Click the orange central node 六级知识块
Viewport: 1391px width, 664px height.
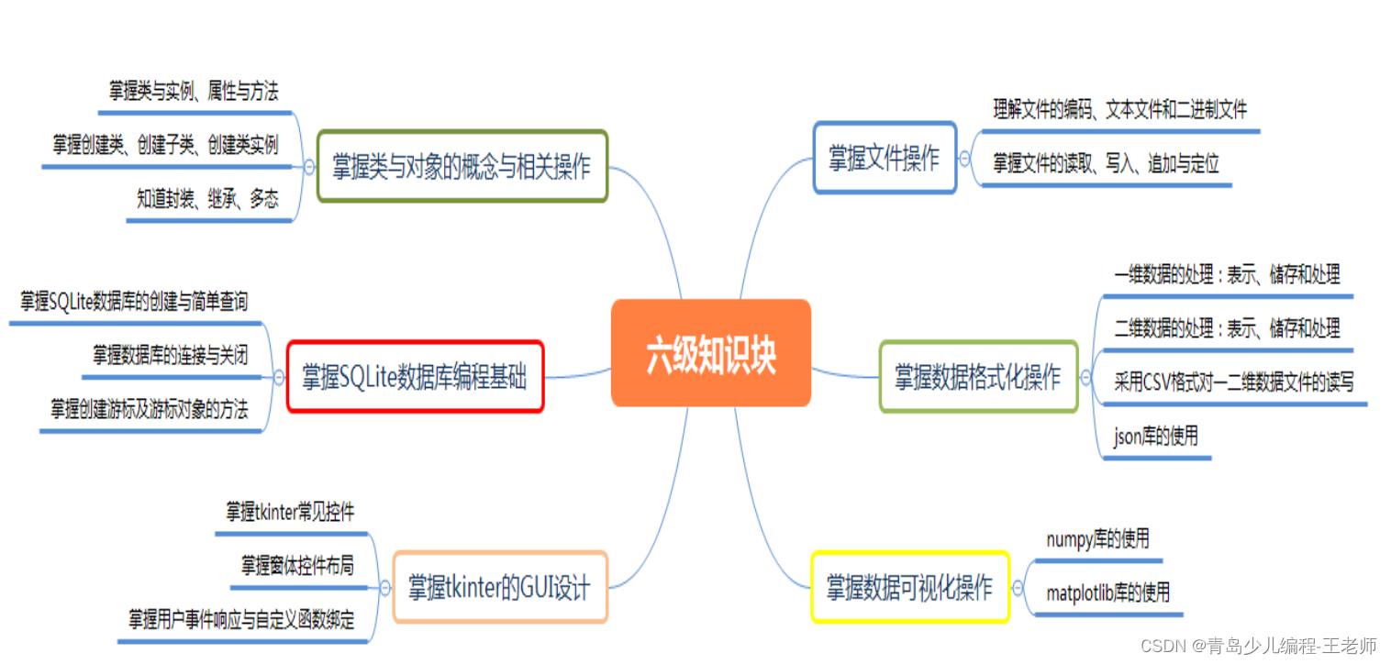pos(711,353)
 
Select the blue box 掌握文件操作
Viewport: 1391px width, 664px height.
pos(885,158)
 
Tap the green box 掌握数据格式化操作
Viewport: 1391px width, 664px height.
pos(977,377)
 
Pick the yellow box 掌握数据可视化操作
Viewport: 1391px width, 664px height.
pos(909,587)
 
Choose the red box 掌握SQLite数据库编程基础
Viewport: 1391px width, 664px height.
pos(415,376)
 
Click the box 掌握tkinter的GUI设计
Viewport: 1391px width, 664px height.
pos(499,587)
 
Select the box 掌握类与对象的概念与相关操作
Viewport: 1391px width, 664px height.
pos(462,166)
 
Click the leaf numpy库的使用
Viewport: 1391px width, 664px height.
pos(1097,539)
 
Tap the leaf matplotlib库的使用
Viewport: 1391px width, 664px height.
pos(1107,592)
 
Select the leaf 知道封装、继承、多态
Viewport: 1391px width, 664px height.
pos(207,199)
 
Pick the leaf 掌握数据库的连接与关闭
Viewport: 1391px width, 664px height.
pos(170,355)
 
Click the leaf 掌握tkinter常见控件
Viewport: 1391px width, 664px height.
pos(290,512)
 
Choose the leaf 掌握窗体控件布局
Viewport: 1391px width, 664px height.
pos(297,565)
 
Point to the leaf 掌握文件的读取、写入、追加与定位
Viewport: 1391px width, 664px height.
pos(1106,164)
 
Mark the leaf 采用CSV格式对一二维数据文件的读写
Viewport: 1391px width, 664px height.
pos(1233,381)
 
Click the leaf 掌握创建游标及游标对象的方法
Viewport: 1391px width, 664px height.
pos(150,409)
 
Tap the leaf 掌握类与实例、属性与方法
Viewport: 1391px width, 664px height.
pos(194,90)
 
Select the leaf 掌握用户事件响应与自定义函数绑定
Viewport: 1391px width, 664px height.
pos(241,619)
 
